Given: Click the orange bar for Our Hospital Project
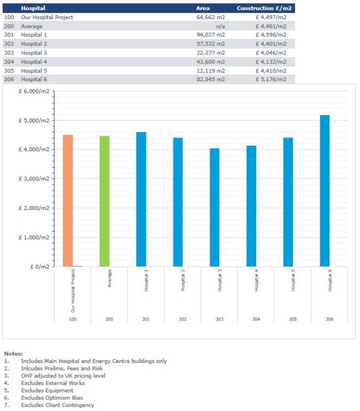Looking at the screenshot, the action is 68,201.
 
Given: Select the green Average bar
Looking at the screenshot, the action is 104,201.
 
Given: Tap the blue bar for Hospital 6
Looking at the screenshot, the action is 324,191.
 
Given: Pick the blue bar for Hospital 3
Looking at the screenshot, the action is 214,207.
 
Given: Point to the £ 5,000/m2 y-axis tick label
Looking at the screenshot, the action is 34,121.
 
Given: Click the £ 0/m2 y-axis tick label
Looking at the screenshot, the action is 40,267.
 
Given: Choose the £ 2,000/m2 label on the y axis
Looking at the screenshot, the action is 34,208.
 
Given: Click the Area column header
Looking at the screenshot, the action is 203,8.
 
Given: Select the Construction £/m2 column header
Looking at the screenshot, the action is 264,8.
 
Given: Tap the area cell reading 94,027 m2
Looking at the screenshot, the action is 211,35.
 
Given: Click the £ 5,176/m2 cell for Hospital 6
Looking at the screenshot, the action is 272,80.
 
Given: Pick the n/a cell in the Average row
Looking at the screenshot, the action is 220,27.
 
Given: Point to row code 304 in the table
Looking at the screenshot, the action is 9,62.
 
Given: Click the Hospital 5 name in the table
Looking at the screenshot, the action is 34,71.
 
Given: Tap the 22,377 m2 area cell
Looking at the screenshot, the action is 211,53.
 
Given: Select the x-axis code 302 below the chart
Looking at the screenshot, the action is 182,319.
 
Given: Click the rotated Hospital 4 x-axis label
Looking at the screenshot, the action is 256,280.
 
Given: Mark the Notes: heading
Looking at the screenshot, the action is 13,354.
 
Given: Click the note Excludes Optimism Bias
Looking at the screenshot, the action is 52,398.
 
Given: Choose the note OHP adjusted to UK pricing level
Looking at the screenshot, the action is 63,376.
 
